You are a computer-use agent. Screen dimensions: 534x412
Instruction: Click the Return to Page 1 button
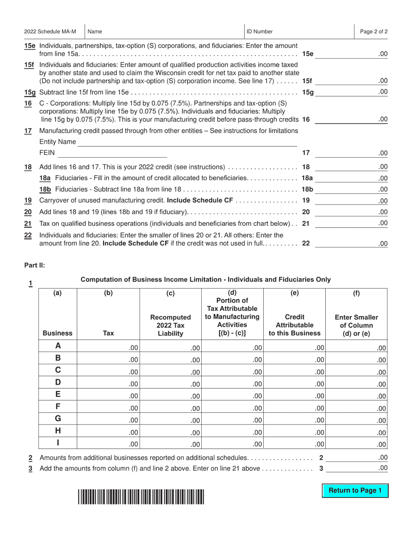[355, 491]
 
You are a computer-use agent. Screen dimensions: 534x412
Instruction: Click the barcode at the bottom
[141, 496]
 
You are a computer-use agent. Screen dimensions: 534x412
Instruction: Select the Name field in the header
[165, 32]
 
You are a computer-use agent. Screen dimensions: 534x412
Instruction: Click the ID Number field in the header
[299, 32]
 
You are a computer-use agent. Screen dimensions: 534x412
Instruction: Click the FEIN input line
[112, 153]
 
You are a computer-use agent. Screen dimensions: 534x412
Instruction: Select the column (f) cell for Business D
[356, 384]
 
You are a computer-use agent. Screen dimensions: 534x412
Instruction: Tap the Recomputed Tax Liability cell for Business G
[170, 420]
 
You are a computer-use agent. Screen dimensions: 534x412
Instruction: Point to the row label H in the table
[58, 432]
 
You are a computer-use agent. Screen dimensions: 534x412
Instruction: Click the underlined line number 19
[28, 201]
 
